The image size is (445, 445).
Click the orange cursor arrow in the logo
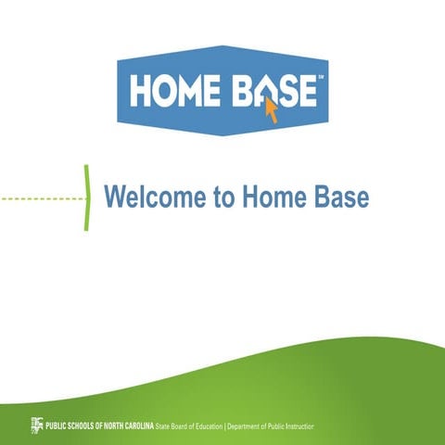(x=272, y=110)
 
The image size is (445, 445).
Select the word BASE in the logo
(x=273, y=92)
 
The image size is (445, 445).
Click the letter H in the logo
(x=142, y=92)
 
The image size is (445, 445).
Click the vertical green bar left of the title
(x=86, y=197)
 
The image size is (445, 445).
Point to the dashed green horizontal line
(x=41, y=197)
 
